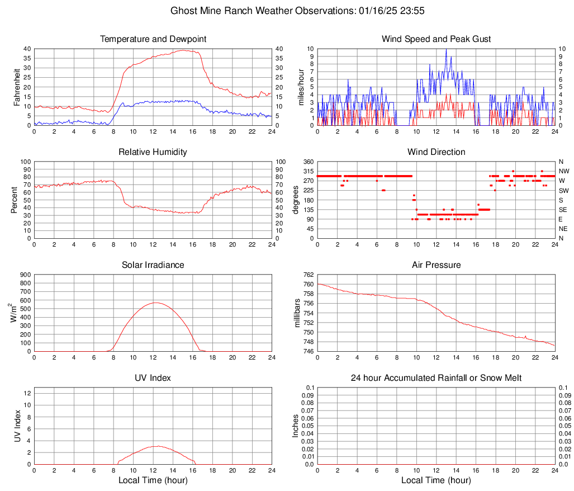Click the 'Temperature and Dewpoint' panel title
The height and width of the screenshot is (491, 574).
[x=153, y=39]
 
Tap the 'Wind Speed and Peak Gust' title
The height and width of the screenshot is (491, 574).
[x=436, y=39]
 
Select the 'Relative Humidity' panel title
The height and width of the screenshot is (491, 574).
[x=153, y=152]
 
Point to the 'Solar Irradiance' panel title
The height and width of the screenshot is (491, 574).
[x=153, y=265]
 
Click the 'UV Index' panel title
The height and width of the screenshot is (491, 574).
[x=153, y=378]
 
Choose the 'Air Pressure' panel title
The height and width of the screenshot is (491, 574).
[x=436, y=265]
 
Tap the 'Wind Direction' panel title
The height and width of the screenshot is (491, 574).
[x=436, y=152]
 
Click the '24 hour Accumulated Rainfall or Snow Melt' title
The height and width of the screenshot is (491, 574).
[x=436, y=378]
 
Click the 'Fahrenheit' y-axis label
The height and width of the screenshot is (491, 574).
[x=17, y=87]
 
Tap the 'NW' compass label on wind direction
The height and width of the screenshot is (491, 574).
[x=564, y=171]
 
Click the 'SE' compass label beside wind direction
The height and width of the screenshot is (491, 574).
[x=563, y=210]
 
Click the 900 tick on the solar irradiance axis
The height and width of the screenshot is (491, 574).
[x=25, y=275]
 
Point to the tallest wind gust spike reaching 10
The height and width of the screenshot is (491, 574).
[x=446, y=50]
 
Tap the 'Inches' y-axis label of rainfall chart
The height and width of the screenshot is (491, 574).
[x=296, y=426]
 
